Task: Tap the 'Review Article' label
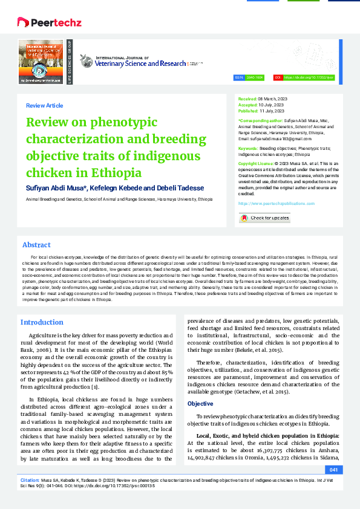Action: click(x=44, y=106)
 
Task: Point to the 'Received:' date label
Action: click(x=248, y=98)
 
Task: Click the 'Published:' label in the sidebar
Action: click(x=249, y=111)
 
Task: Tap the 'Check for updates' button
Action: click(x=264, y=218)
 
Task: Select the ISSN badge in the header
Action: click(x=251, y=78)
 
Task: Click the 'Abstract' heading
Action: click(x=36, y=245)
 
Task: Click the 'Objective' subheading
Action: click(x=200, y=403)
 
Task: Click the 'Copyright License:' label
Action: click(x=255, y=164)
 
